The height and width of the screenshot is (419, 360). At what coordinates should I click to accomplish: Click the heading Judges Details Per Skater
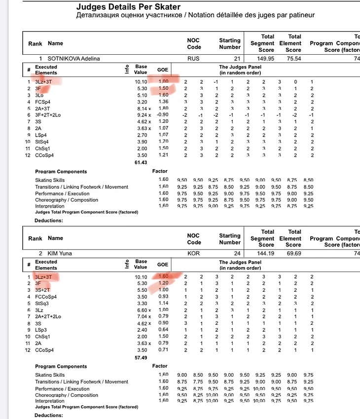pos(128,7)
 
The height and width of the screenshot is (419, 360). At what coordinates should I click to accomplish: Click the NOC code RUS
pos(194,59)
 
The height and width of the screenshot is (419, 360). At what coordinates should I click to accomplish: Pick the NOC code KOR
pos(194,253)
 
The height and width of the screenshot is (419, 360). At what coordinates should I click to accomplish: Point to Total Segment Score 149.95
pos(267,59)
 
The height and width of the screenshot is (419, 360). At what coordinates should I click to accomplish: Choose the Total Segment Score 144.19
pos(267,253)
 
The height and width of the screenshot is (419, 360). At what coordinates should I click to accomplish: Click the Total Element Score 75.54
pos(293,59)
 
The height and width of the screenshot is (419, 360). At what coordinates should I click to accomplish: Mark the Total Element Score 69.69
pos(293,253)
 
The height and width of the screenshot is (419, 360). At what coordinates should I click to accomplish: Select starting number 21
pos(236,47)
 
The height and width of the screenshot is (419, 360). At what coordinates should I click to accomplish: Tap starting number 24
pos(236,242)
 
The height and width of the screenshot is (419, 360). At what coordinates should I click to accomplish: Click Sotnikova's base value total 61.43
pos(142,162)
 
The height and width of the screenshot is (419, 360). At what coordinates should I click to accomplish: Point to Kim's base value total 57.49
pos(142,356)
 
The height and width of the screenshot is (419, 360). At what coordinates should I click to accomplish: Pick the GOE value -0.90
pos(162,114)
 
